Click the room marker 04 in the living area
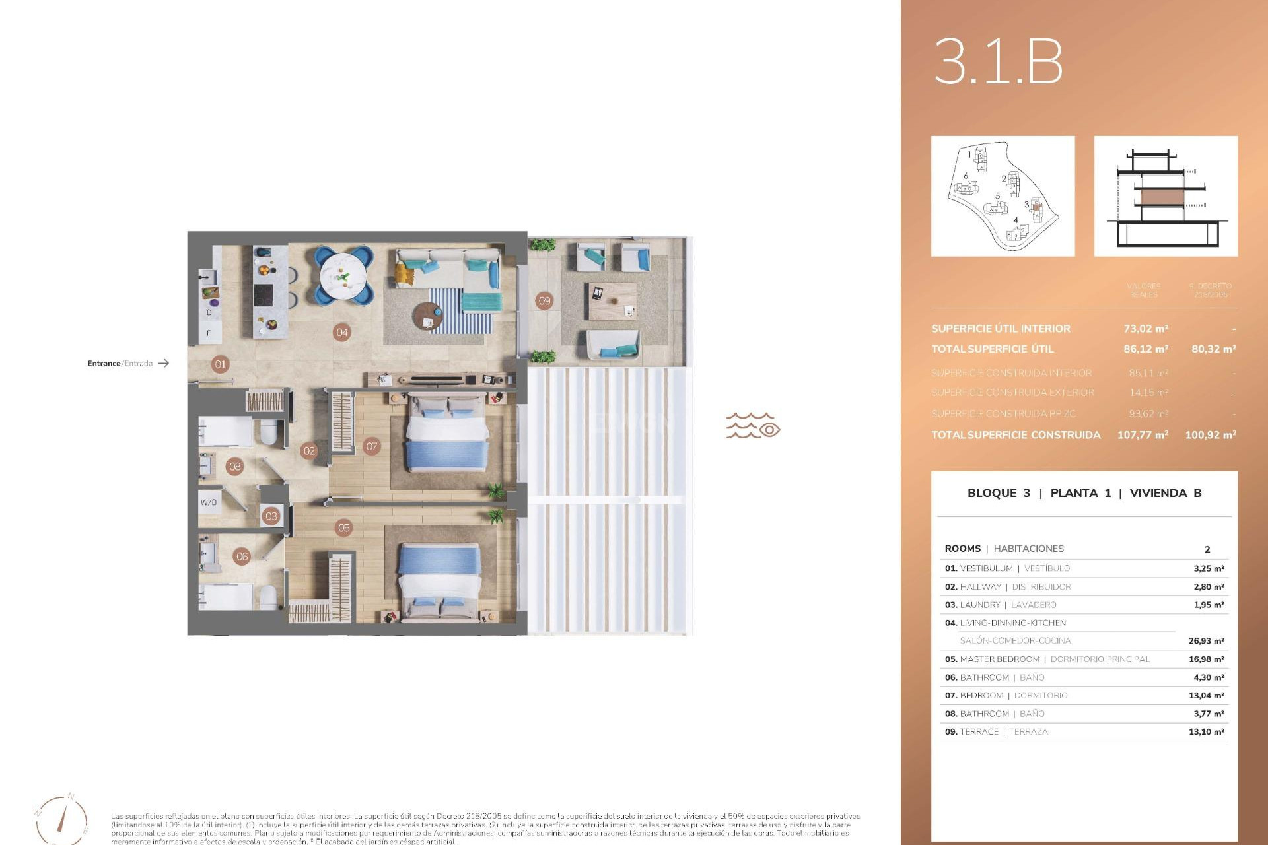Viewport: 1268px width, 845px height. point(341,332)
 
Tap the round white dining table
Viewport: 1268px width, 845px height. point(343,277)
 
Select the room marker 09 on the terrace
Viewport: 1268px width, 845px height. point(544,301)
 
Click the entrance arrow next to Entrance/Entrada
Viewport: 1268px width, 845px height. point(164,363)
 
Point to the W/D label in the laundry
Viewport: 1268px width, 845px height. point(209,502)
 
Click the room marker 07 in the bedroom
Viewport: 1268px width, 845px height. point(372,446)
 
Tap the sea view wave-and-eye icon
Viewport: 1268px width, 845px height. point(753,426)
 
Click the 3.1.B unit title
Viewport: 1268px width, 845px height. point(998,61)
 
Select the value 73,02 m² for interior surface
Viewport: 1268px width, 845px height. point(1146,329)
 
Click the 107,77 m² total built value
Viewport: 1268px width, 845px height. point(1143,435)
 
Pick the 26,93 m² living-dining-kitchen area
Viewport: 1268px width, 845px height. point(1206,641)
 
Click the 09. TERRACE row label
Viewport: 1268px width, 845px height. point(971,732)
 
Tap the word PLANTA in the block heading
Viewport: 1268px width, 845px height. point(1074,493)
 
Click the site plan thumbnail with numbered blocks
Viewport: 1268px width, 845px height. point(1003,196)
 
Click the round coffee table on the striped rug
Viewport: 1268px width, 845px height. point(428,316)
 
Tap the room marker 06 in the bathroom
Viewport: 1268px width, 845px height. point(242,557)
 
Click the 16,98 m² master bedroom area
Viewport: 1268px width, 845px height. point(1206,659)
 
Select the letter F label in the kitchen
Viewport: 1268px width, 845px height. point(209,333)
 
